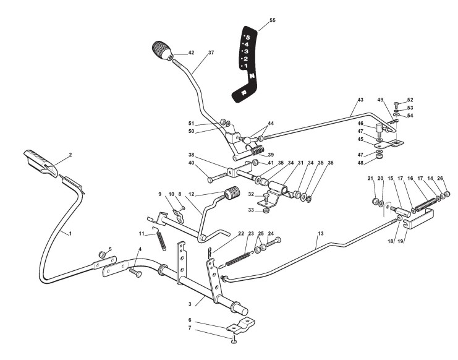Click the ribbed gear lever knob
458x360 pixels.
(x=163, y=50)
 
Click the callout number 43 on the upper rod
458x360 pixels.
(x=360, y=100)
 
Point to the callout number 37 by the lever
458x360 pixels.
(x=211, y=53)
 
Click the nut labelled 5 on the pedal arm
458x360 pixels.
(x=101, y=254)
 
